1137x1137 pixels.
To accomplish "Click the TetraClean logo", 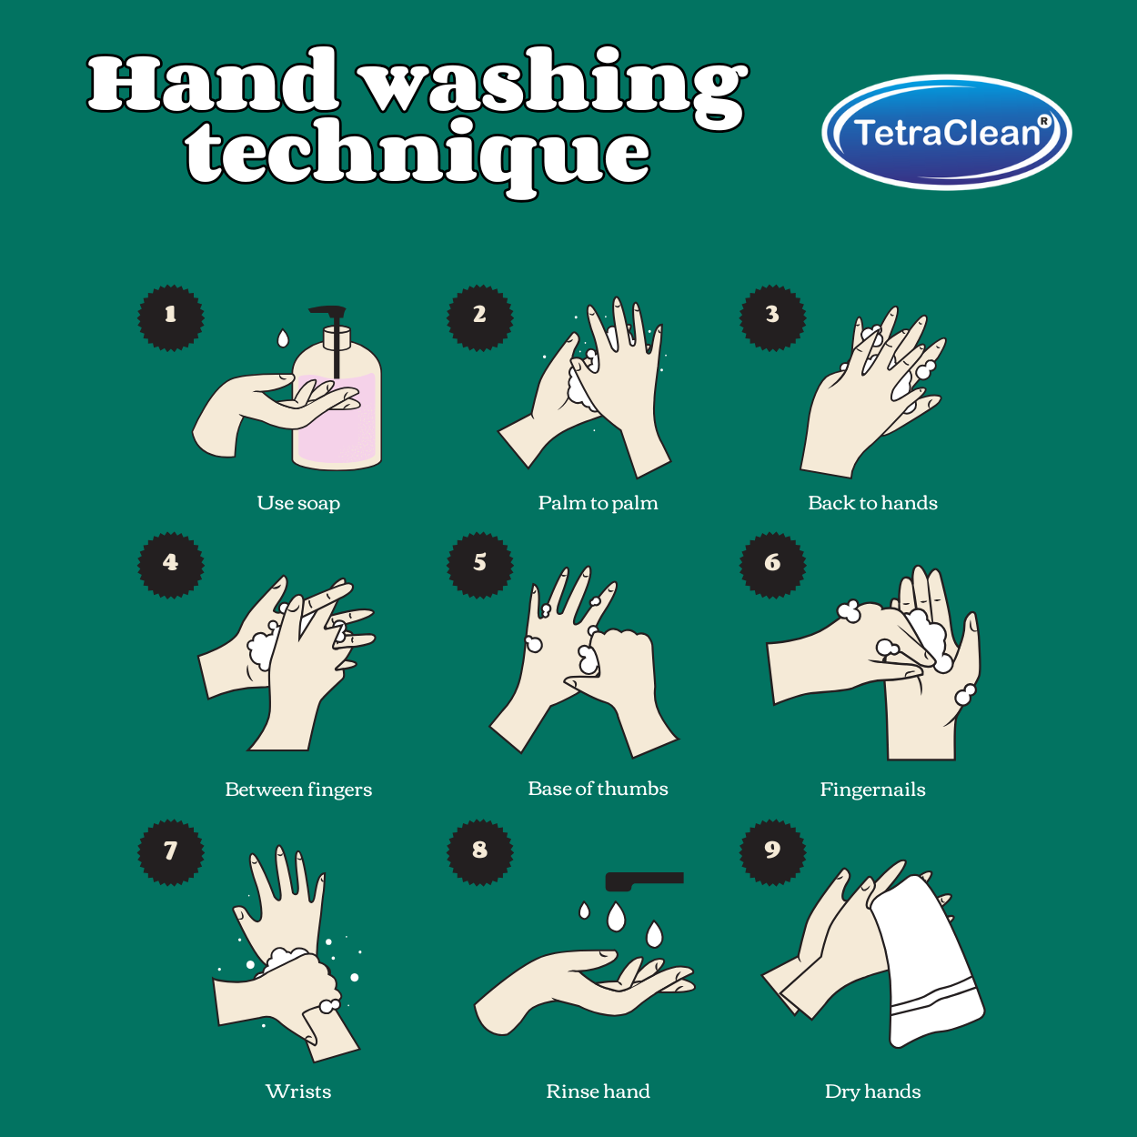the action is point(946,132).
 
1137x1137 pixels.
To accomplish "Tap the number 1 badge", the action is point(170,318).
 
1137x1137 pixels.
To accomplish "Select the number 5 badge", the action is point(479,565).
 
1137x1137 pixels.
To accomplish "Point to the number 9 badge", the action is point(772,852).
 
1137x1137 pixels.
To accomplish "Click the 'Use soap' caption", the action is point(298,503).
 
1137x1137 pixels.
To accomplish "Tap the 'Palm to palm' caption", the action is point(598,503).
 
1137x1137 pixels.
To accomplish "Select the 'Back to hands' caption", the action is point(872,503).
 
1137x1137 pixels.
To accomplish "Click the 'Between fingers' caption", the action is point(298,790).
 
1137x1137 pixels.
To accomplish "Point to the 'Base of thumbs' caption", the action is point(598,789).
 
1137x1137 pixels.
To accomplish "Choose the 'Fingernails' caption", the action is point(872,790).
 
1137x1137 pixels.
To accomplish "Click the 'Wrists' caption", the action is point(298,1091).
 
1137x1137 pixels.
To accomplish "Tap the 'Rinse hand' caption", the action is point(598,1091).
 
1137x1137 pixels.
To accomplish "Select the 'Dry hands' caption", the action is point(872,1092).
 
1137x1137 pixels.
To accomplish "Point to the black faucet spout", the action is point(644,880).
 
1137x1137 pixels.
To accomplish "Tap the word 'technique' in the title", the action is point(418,155).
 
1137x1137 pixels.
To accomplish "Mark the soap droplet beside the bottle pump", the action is point(283,338).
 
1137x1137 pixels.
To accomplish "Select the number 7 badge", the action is point(170,852).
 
